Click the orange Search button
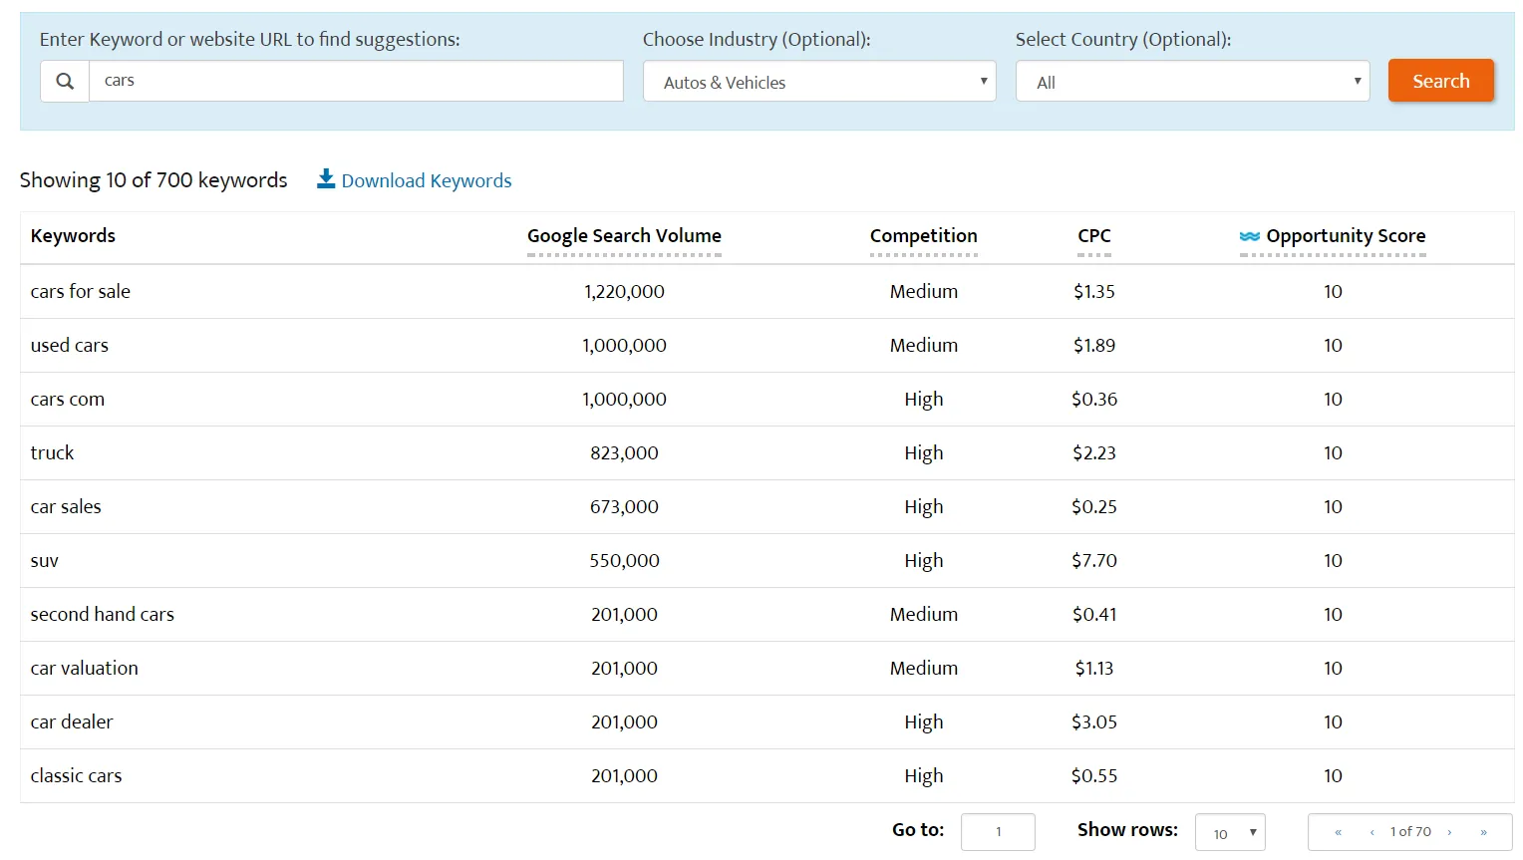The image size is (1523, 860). [1440, 81]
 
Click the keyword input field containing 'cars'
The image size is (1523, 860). [356, 81]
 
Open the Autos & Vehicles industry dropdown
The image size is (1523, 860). [819, 82]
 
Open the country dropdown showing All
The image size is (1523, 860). [1192, 82]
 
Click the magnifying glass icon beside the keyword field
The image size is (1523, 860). [65, 81]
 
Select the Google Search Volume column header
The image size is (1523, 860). [624, 236]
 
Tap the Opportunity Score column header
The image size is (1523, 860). [1345, 236]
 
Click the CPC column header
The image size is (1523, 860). [1093, 236]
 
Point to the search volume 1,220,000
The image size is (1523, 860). [624, 292]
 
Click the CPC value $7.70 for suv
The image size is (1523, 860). [1093, 561]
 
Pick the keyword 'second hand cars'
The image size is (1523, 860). [102, 615]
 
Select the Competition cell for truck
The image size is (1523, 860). [923, 453]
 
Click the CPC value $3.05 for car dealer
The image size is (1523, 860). [1093, 722]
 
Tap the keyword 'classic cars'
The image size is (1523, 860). [76, 776]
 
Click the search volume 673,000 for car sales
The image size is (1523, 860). [624, 507]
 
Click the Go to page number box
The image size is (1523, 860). [998, 832]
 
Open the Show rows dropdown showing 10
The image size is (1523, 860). [1230, 833]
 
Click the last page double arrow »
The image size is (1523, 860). [1483, 832]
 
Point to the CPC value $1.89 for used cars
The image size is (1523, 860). [1093, 346]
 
